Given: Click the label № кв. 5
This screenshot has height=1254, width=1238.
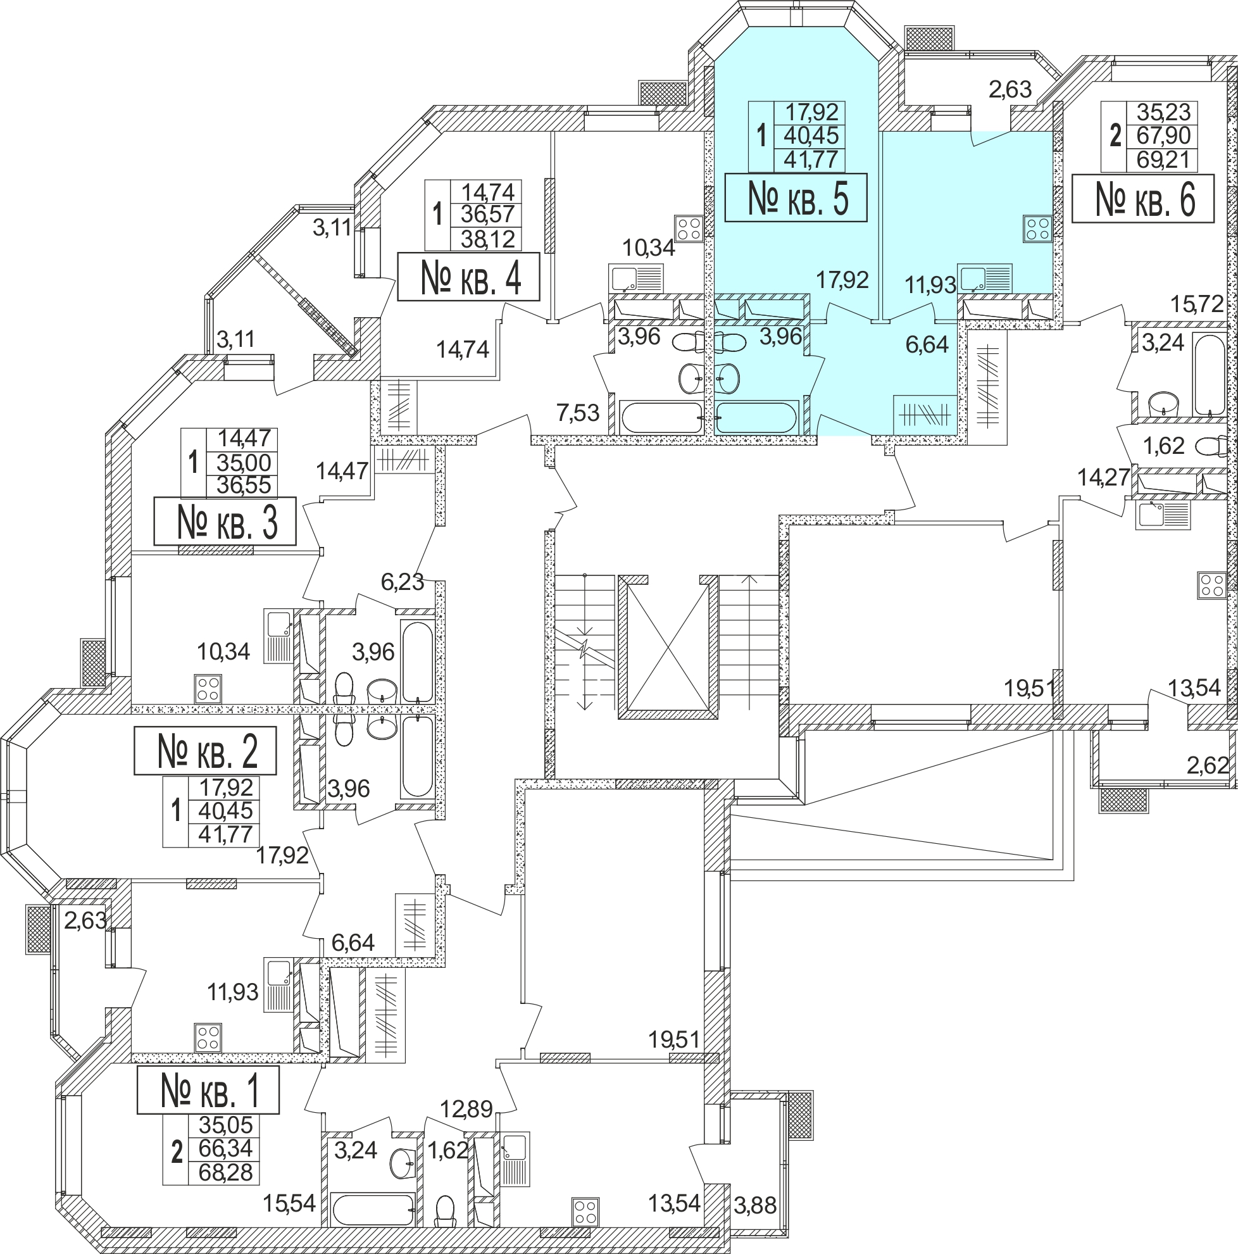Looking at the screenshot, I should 796,198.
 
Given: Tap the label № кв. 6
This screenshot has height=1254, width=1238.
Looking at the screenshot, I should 1142,199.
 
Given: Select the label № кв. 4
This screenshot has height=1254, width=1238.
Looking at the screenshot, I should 468,277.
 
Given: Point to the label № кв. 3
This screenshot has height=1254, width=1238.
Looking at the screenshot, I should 225,522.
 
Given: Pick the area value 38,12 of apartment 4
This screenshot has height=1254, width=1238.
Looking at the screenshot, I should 487,239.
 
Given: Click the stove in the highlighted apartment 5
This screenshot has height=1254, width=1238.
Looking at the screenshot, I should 1036,229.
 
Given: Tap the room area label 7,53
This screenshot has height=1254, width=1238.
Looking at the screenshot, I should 577,412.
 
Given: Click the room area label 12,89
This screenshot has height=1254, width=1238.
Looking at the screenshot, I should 466,1108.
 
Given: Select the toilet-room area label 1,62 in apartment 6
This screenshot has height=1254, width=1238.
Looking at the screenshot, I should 1163,446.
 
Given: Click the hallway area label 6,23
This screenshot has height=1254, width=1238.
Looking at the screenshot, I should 403,582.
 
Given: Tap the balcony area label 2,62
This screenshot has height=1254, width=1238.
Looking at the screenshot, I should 1208,766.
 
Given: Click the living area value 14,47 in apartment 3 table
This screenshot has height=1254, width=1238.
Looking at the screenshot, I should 243,438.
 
